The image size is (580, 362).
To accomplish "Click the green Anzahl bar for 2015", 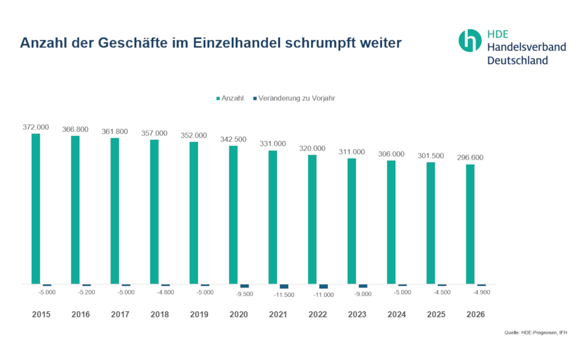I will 36,209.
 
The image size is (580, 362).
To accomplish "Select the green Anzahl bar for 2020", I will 233,215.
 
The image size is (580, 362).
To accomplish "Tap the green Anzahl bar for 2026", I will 470,224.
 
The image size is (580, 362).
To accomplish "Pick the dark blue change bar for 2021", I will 284,286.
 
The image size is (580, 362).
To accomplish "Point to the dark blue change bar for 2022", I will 323,286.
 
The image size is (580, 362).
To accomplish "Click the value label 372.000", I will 36,127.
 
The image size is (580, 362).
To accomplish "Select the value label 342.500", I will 233,139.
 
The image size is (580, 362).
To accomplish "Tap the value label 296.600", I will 470,157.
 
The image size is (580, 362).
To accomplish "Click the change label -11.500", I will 284,295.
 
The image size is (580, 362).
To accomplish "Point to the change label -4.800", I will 165,292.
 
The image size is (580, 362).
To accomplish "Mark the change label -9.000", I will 363,294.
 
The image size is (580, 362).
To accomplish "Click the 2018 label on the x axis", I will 159,314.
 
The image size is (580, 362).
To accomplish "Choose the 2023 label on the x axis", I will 357,314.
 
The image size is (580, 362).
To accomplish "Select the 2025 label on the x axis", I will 436,314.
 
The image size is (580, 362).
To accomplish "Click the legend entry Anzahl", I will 230,98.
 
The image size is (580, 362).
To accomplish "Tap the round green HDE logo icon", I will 470,41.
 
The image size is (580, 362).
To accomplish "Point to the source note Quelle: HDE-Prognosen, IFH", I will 536,332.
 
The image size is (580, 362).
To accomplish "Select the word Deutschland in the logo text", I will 517,60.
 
